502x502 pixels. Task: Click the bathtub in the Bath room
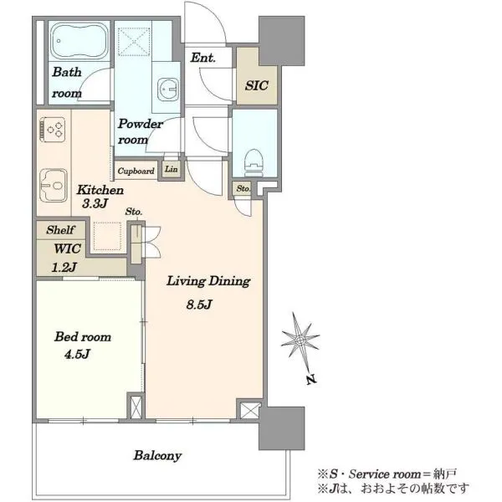[x=79, y=41]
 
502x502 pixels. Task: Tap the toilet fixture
[x=254, y=162]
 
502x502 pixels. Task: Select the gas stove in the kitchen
[x=52, y=130]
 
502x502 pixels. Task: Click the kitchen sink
[x=54, y=186]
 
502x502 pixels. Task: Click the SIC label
[x=257, y=85]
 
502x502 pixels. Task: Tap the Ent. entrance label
[x=203, y=58]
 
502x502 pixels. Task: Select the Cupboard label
[x=136, y=172]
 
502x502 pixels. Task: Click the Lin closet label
[x=172, y=169]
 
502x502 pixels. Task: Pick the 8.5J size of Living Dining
[x=199, y=305]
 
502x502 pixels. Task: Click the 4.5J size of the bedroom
[x=77, y=354]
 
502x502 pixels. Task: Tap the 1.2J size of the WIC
[x=64, y=267]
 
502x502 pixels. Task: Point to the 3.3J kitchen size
[x=95, y=203]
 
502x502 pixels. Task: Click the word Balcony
[x=157, y=456]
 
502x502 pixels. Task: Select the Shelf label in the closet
[x=60, y=229]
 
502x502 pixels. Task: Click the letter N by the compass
[x=311, y=380]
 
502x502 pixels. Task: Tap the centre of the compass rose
[x=300, y=341]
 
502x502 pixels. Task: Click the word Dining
[x=229, y=281]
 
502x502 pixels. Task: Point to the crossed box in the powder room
[x=134, y=42]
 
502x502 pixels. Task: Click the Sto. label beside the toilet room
[x=243, y=189]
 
